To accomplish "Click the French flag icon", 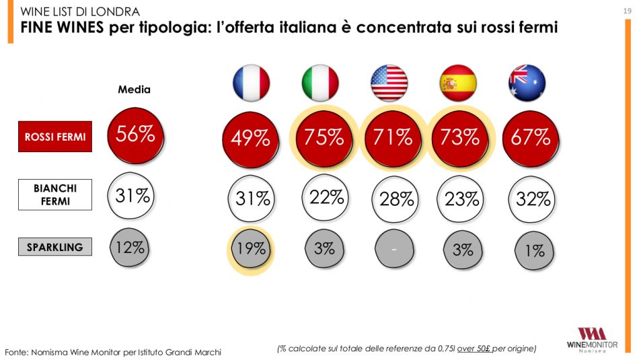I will click(x=251, y=83).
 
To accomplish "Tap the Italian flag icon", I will click(x=320, y=83).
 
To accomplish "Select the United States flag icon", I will click(x=389, y=83).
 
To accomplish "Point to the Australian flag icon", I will click(x=527, y=83).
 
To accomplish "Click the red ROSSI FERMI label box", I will click(x=54, y=137).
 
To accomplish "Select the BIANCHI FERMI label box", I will click(x=54, y=194).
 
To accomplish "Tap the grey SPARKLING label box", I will click(x=54, y=247).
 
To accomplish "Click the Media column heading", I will click(x=135, y=89).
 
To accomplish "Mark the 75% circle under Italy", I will click(x=324, y=138).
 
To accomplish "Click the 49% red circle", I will click(x=251, y=139).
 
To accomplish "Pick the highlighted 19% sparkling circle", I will click(x=251, y=248).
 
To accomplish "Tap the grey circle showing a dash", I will click(x=394, y=250).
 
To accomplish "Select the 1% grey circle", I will click(x=534, y=250).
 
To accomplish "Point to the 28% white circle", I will click(x=395, y=199).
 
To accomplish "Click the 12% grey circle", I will click(x=130, y=246).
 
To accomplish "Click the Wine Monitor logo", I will click(x=592, y=338).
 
